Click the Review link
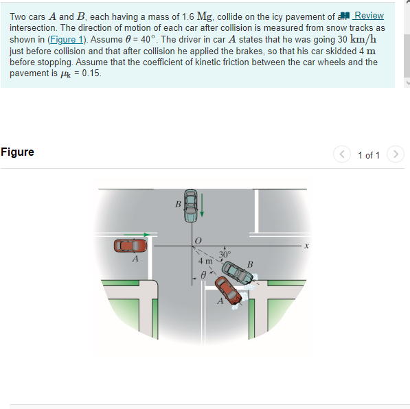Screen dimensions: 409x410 (x=368, y=16)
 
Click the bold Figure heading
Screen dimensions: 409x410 (x=17, y=152)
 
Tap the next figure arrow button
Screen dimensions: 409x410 (x=395, y=154)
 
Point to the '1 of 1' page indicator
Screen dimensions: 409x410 (x=369, y=155)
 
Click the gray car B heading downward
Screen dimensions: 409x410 (x=190, y=205)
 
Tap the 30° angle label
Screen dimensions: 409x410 (x=225, y=255)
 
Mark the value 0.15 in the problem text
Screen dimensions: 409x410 (x=91, y=73)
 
